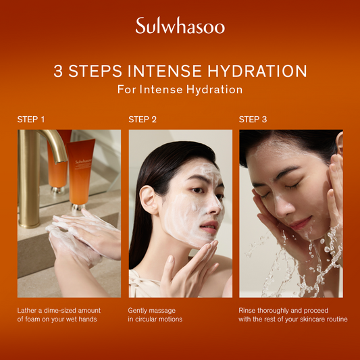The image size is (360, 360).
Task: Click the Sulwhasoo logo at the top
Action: click(x=180, y=26)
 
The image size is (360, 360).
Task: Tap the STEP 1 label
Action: click(x=31, y=120)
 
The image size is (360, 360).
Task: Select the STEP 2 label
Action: click(x=143, y=120)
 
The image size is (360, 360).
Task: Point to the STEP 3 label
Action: click(x=253, y=120)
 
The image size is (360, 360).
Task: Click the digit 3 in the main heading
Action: click(x=59, y=71)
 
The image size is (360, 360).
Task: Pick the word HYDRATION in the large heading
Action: click(x=259, y=71)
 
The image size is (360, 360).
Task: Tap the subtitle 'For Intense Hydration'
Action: click(x=180, y=89)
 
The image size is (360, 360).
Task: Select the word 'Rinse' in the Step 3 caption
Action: click(x=249, y=310)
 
